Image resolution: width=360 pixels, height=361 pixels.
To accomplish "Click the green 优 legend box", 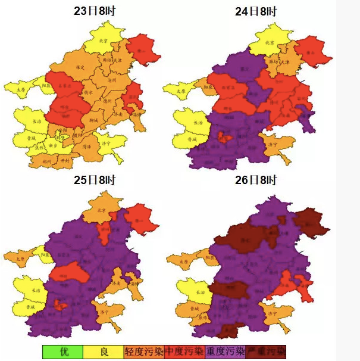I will click(63, 351).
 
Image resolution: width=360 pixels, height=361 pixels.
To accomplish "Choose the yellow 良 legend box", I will click(104, 351).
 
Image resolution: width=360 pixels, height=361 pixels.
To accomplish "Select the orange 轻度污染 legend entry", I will click(144, 351).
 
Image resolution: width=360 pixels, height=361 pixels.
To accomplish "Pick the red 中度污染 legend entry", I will click(184, 351).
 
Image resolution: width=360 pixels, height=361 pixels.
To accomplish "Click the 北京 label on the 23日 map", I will click(102, 41).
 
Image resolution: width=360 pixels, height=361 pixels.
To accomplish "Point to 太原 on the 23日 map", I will click(22, 90).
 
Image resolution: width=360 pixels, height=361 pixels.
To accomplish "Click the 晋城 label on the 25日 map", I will click(30, 306).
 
